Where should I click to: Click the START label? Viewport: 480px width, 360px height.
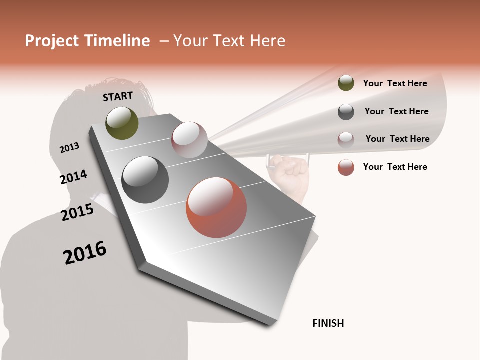(x=118, y=96)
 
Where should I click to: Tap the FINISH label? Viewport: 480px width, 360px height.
(x=328, y=323)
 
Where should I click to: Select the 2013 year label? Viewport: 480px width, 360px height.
(x=69, y=148)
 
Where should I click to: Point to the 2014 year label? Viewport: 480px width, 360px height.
(x=74, y=177)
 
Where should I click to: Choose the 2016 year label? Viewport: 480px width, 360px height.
(x=85, y=253)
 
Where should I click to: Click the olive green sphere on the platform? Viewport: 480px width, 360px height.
(x=122, y=123)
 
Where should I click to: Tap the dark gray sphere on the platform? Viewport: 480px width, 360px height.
(x=145, y=180)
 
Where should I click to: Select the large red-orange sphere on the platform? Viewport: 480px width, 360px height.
(x=216, y=207)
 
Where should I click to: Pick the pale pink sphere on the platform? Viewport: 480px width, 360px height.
(x=189, y=140)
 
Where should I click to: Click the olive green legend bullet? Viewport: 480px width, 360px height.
(x=346, y=83)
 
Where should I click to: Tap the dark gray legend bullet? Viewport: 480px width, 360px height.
(x=346, y=112)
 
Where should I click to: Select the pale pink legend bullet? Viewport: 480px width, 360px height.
(x=346, y=139)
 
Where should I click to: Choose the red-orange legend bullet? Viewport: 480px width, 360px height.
(x=346, y=167)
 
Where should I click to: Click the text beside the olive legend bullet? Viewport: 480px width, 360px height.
(x=395, y=83)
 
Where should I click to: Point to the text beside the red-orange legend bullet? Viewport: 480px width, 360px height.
(x=395, y=167)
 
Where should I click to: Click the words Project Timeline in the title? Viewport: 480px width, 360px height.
(x=87, y=41)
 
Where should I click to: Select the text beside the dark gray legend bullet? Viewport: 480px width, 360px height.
(x=396, y=111)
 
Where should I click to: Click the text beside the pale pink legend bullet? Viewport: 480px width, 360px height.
(x=397, y=139)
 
